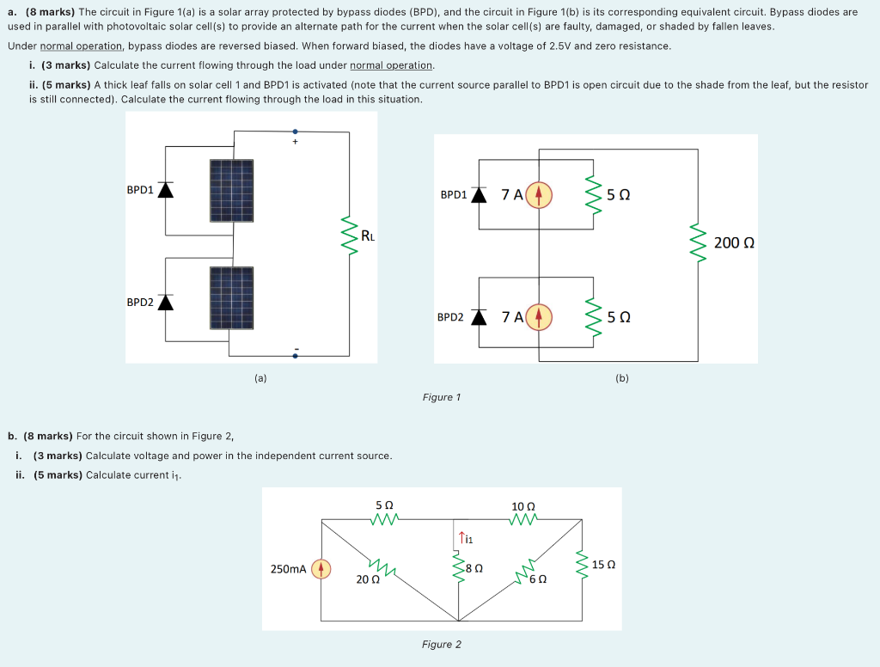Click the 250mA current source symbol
pos(321,569)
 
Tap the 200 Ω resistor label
pos(734,243)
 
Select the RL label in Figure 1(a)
pos(367,235)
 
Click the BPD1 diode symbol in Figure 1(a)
pos(165,190)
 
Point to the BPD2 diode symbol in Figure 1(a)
pos(165,302)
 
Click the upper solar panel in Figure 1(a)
pos(231,191)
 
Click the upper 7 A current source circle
pos(539,194)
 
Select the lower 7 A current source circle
pos(539,316)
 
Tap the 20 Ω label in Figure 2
pos(368,579)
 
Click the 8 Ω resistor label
pos(474,568)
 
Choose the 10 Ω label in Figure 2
pos(522,506)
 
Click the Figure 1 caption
pos(442,397)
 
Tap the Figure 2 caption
pos(442,645)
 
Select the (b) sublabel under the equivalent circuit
pos(622,377)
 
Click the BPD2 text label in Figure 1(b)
pos(450,317)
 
